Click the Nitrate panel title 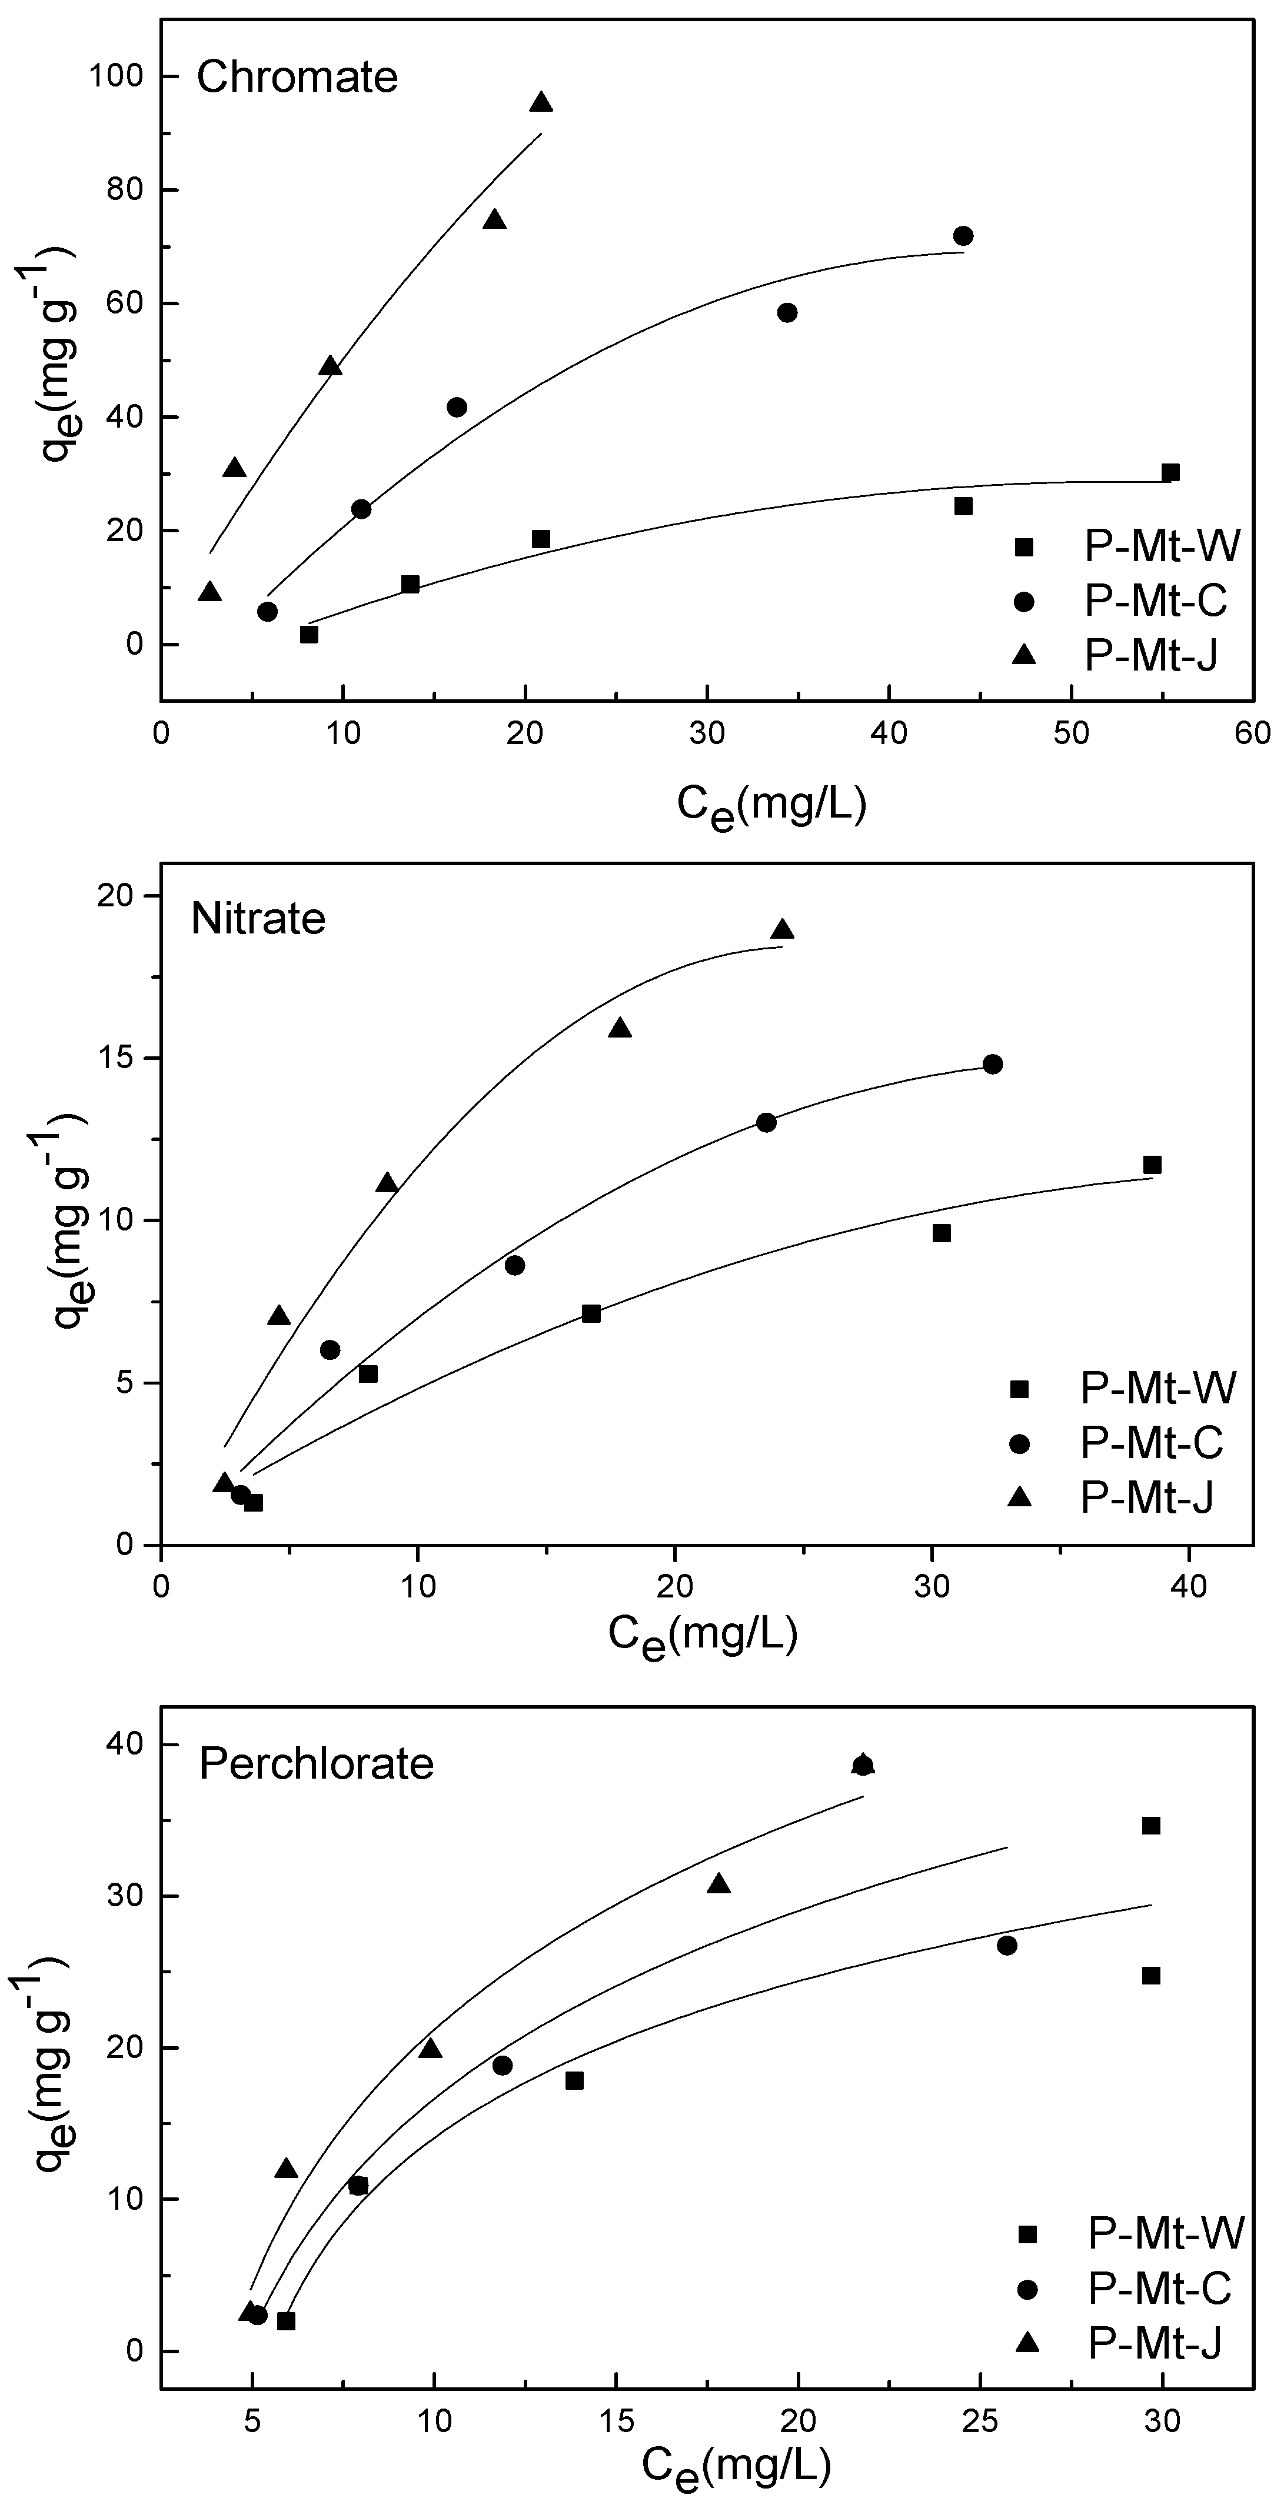point(258,918)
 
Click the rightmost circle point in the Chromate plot point(963,236)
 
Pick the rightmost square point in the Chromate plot point(1170,473)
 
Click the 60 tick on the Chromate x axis point(1253,733)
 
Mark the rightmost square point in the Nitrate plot point(1152,1165)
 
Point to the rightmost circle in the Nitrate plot point(992,1064)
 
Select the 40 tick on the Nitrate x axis point(1187,1586)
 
